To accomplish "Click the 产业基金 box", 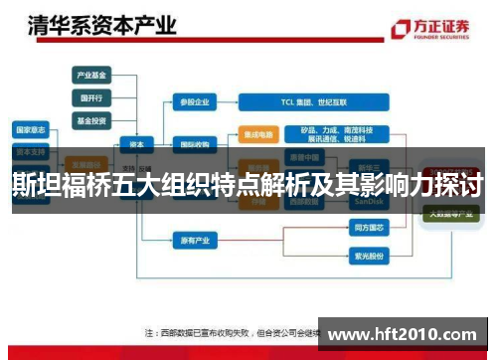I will click(91, 75).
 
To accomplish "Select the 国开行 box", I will click(91, 97).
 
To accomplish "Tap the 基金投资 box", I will click(91, 120).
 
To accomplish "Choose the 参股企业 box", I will click(194, 101).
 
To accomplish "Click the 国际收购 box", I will click(194, 142).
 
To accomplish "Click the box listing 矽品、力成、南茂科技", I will click(337, 134).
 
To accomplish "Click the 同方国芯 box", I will click(367, 229).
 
